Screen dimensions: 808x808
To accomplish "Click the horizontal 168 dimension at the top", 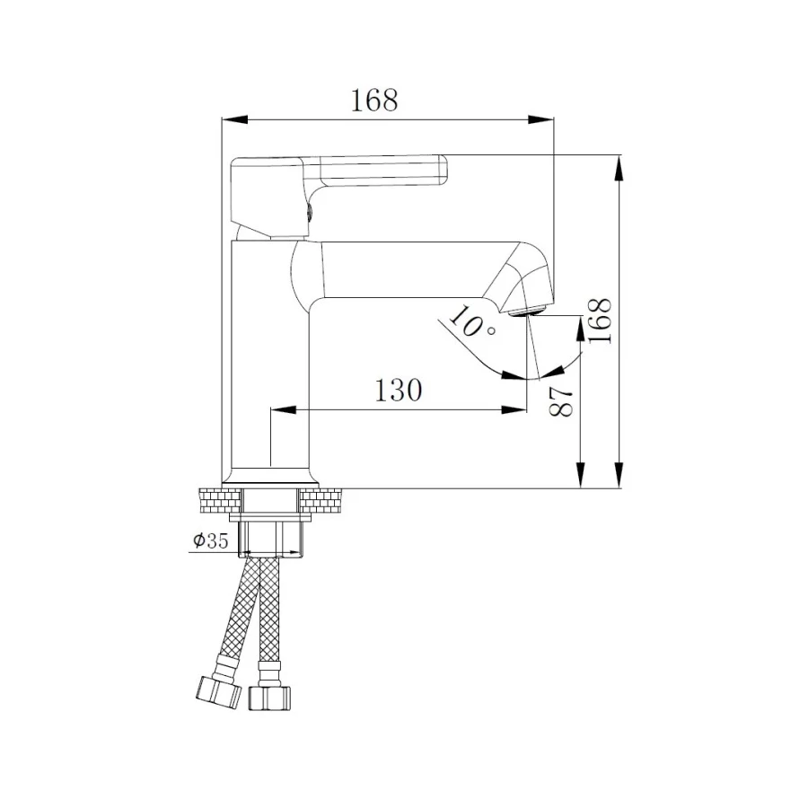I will [x=374, y=101].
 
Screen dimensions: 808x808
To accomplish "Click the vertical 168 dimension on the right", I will [x=601, y=321].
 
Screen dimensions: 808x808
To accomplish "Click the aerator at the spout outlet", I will [x=526, y=312].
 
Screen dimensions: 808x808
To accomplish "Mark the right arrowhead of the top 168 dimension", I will [x=542, y=119].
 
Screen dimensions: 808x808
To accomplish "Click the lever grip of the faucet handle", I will [x=382, y=170].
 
